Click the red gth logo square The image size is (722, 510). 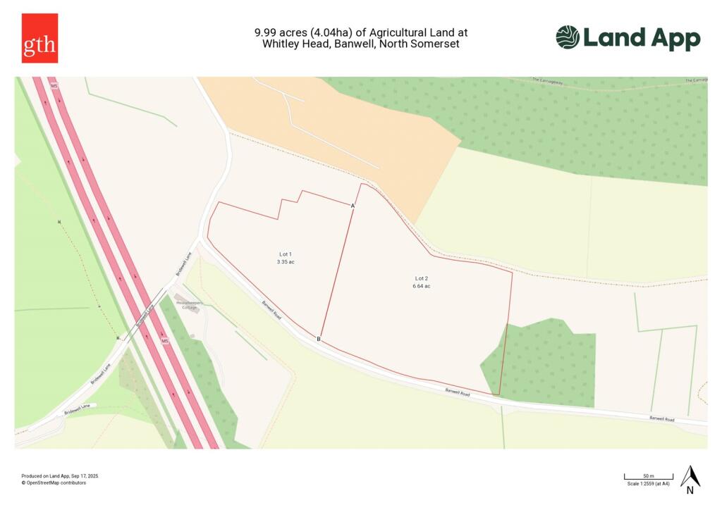(39, 38)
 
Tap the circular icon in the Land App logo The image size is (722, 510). (568, 37)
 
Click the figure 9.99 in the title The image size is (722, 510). (265, 32)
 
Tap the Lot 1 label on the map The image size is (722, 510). (285, 254)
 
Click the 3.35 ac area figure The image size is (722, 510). (285, 261)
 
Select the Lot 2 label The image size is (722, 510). (422, 278)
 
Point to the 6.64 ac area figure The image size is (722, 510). (422, 286)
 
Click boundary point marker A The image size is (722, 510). (353, 205)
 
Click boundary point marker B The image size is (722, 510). (319, 340)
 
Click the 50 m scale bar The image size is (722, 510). (648, 478)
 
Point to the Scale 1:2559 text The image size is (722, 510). (648, 483)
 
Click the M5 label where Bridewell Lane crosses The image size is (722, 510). (164, 341)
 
